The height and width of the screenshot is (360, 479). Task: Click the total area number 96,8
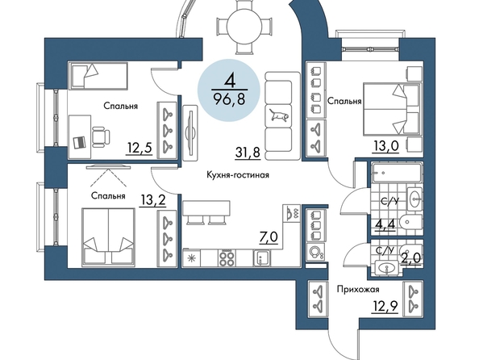click(230, 98)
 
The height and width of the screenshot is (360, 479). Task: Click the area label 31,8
click(248, 152)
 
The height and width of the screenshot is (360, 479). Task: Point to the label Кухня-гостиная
click(238, 175)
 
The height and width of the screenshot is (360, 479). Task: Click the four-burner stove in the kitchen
click(227, 258)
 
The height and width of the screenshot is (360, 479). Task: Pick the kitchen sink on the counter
click(261, 258)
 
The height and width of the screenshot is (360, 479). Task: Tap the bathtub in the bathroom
click(397, 173)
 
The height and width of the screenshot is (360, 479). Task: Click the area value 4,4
click(385, 224)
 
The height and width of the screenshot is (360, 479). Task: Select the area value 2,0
click(410, 259)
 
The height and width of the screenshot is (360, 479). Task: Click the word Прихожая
click(358, 289)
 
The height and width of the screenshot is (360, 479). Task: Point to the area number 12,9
click(385, 305)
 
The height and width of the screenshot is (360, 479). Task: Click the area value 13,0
click(385, 147)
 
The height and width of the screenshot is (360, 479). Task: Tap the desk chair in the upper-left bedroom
click(101, 136)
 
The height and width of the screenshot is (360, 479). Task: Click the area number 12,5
click(140, 149)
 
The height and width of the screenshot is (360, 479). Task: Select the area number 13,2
click(152, 200)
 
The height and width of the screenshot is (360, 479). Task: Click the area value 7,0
click(269, 237)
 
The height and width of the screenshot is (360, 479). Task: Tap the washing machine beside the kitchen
click(316, 253)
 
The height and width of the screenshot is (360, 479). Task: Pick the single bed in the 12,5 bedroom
click(98, 76)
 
